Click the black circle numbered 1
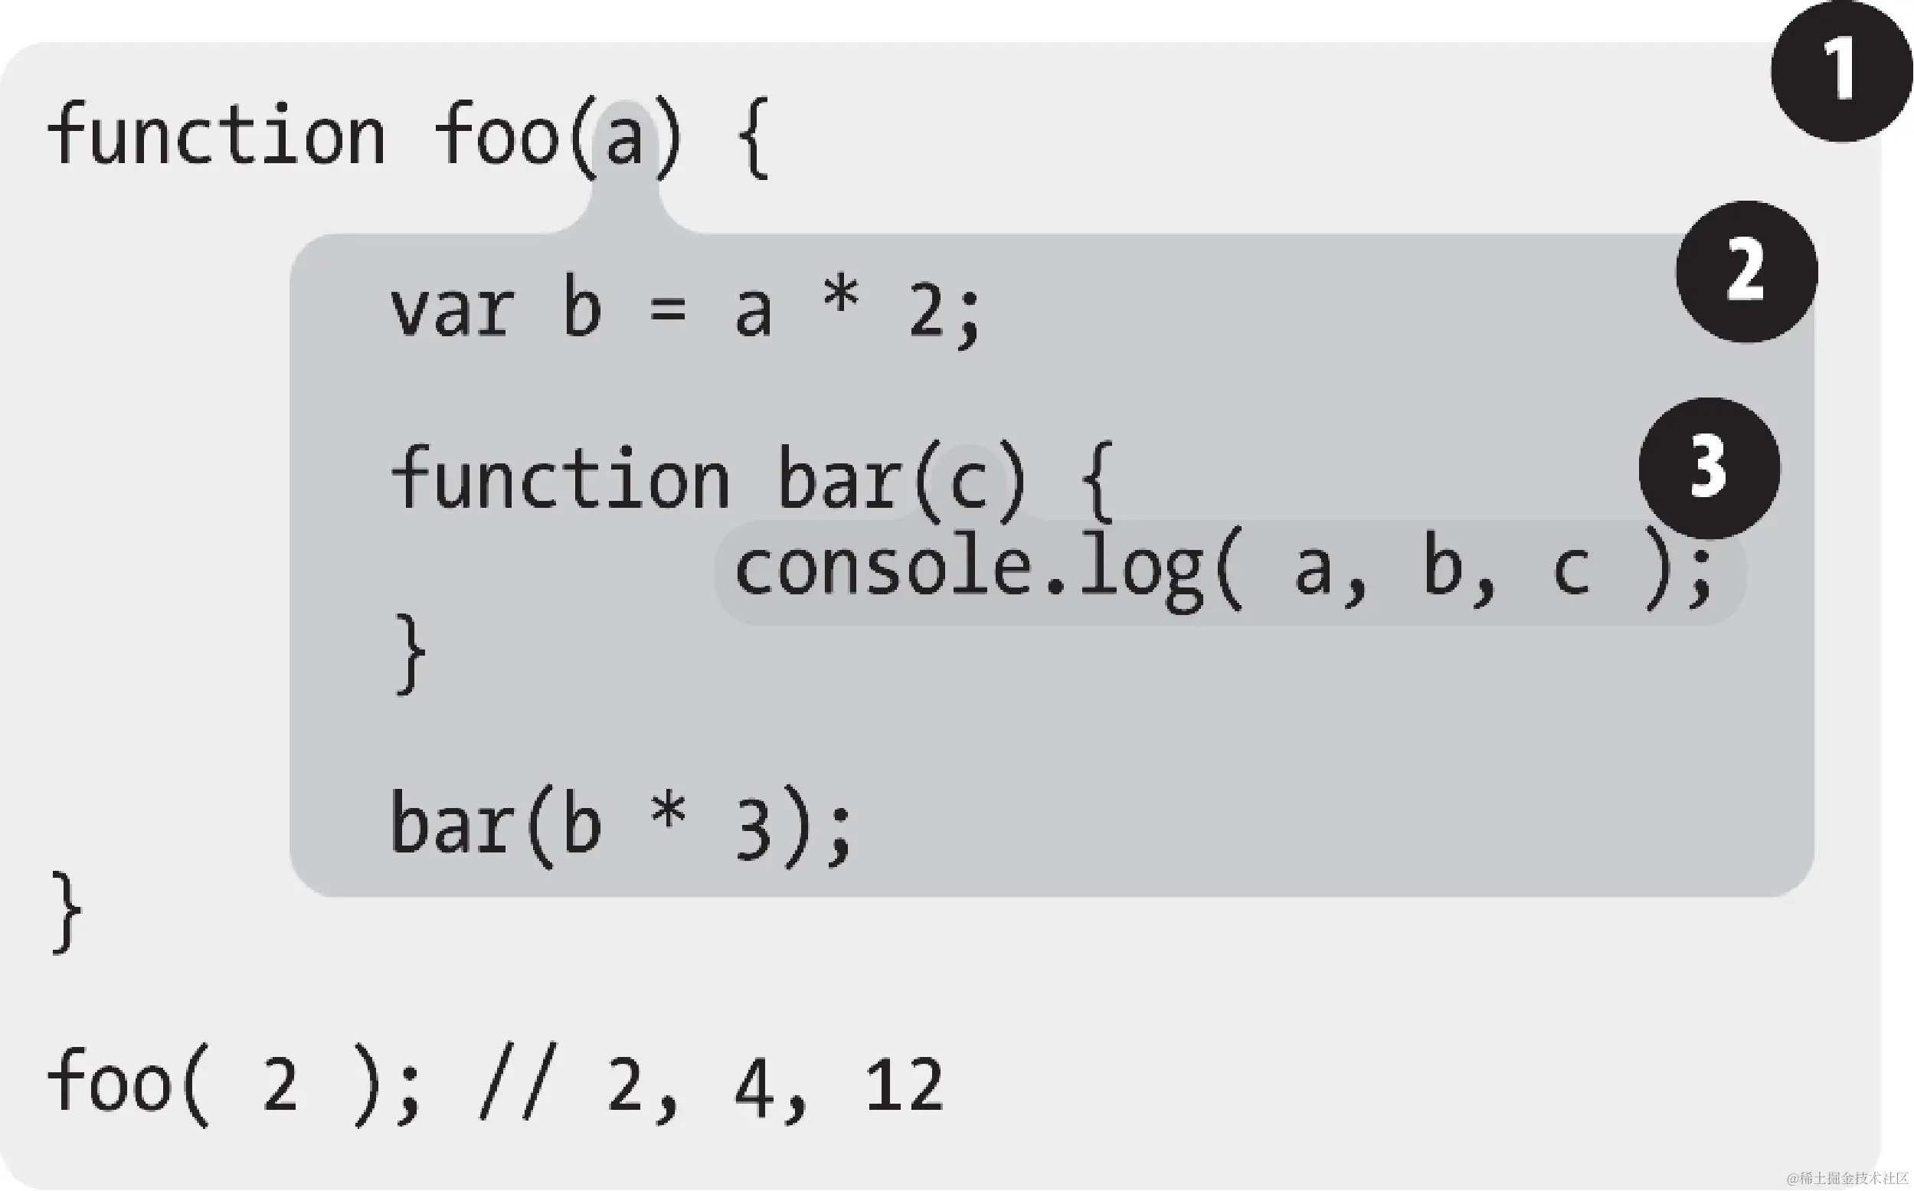[x=1840, y=71]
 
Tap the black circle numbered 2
[x=1746, y=271]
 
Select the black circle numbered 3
[x=1710, y=468]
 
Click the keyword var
[x=452, y=310]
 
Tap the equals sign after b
[x=668, y=310]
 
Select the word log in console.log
[x=1142, y=572]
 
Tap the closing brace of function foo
[x=66, y=912]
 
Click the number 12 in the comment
[x=904, y=1085]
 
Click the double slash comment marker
[x=518, y=1082]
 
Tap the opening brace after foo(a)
[x=753, y=139]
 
